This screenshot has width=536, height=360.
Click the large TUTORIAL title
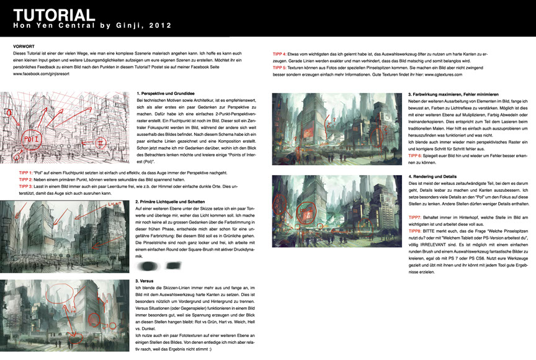(54, 15)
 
